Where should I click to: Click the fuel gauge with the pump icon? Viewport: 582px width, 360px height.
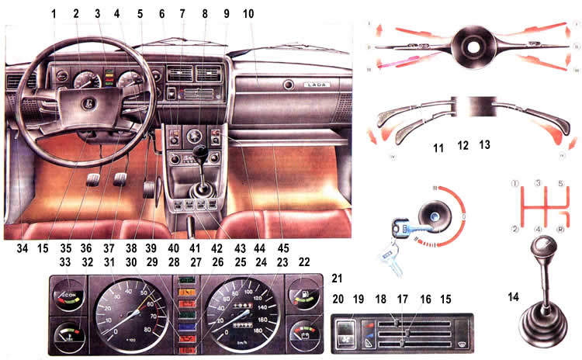[x=302, y=296]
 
